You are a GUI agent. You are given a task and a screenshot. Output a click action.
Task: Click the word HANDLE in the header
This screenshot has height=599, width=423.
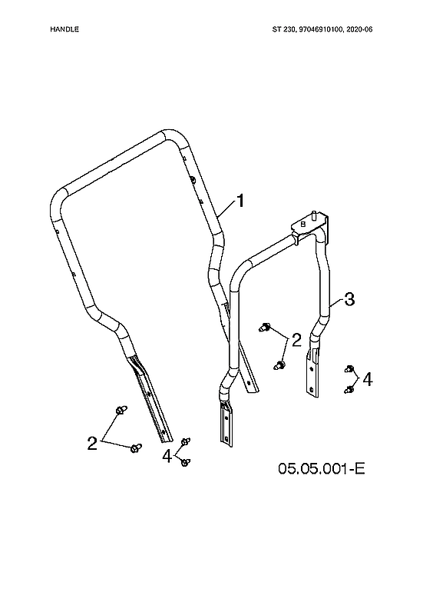[64, 29]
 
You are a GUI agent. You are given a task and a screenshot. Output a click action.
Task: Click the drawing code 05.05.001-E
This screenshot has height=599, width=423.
[322, 468]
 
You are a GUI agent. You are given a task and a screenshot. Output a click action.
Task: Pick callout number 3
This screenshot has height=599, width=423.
[349, 300]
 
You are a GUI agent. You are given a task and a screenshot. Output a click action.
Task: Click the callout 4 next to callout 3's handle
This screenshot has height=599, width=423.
[368, 380]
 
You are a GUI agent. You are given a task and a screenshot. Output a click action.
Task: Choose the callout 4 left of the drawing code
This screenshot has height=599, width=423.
[167, 455]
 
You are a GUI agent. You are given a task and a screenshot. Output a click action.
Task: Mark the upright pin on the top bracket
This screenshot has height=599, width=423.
[316, 212]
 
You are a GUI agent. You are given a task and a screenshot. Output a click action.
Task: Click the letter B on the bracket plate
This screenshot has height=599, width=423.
[303, 225]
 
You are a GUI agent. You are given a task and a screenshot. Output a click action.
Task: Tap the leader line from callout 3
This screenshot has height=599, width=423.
[337, 305]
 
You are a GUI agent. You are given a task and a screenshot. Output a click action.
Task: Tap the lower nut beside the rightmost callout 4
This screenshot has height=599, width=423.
[348, 389]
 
